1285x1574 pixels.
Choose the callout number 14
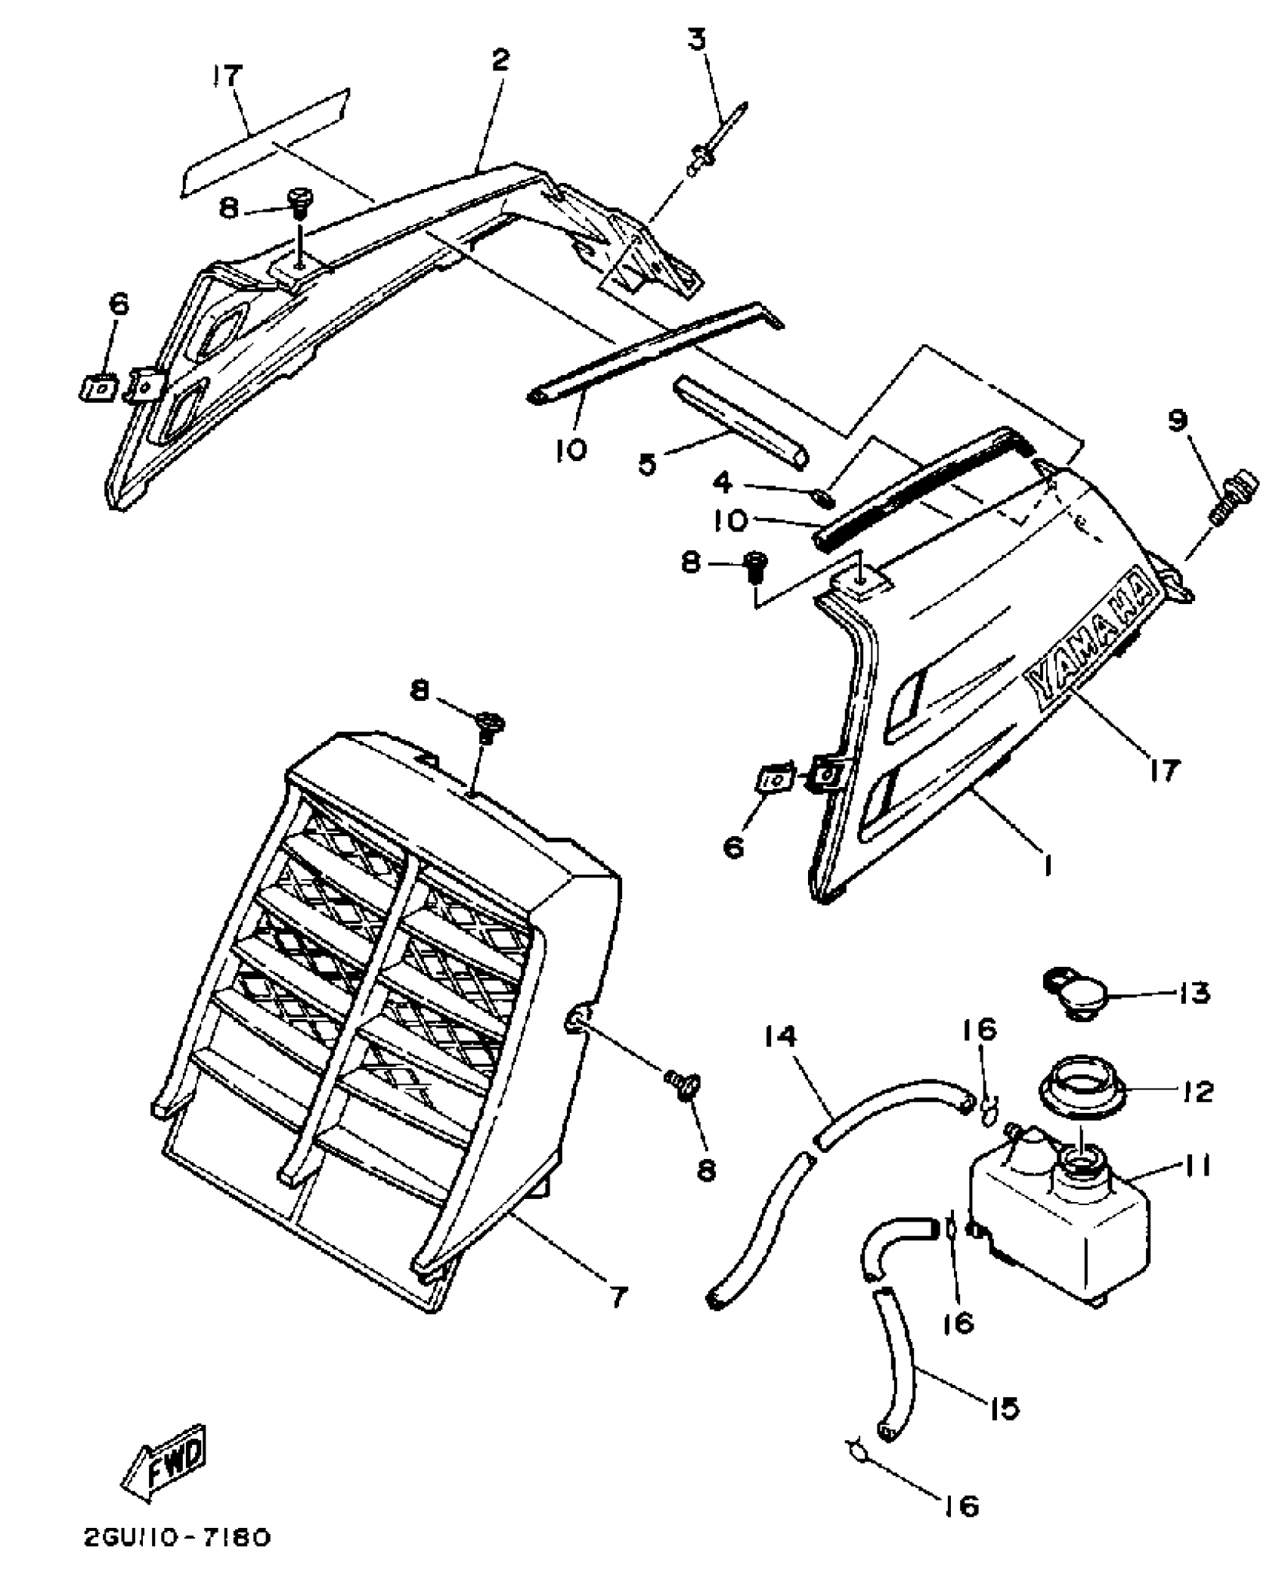coord(780,1036)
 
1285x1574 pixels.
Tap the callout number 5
coord(648,463)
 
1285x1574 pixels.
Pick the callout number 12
coord(1197,1092)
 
